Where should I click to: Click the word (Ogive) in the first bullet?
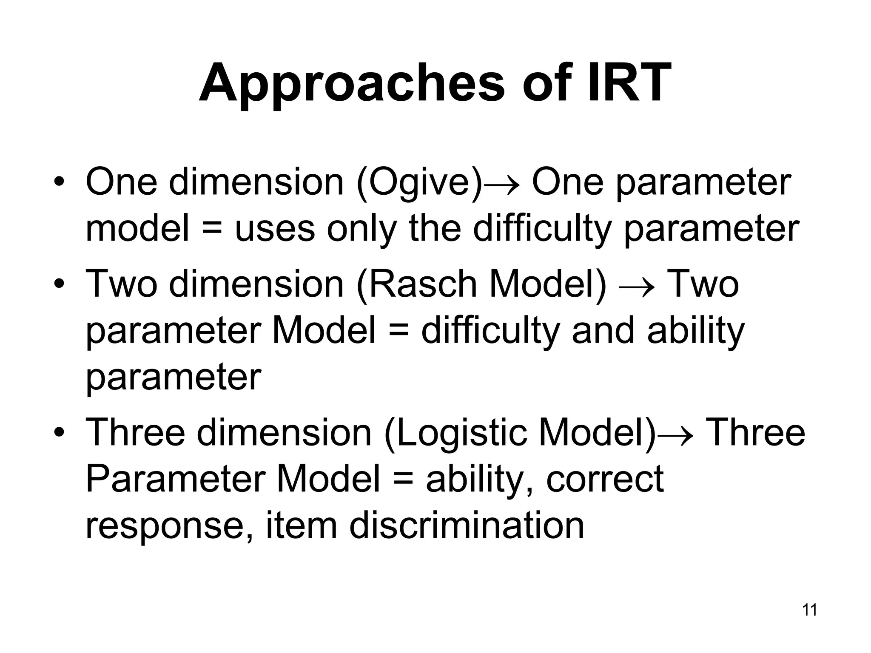pos(419,182)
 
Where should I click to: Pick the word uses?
pos(274,229)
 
